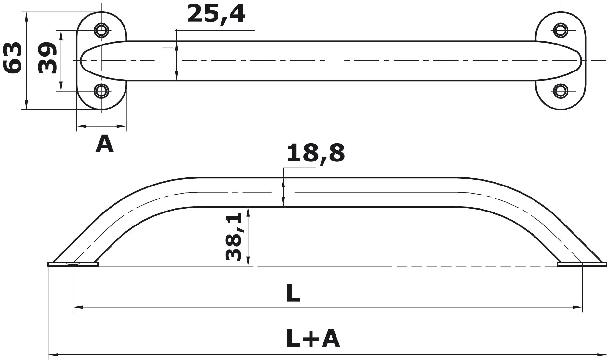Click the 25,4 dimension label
coord(216,14)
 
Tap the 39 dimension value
coord(47,58)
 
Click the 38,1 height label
coord(234,237)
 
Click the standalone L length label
coord(293,294)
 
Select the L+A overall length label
coord(313,339)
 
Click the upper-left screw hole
coord(101,30)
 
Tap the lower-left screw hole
coord(101,91)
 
